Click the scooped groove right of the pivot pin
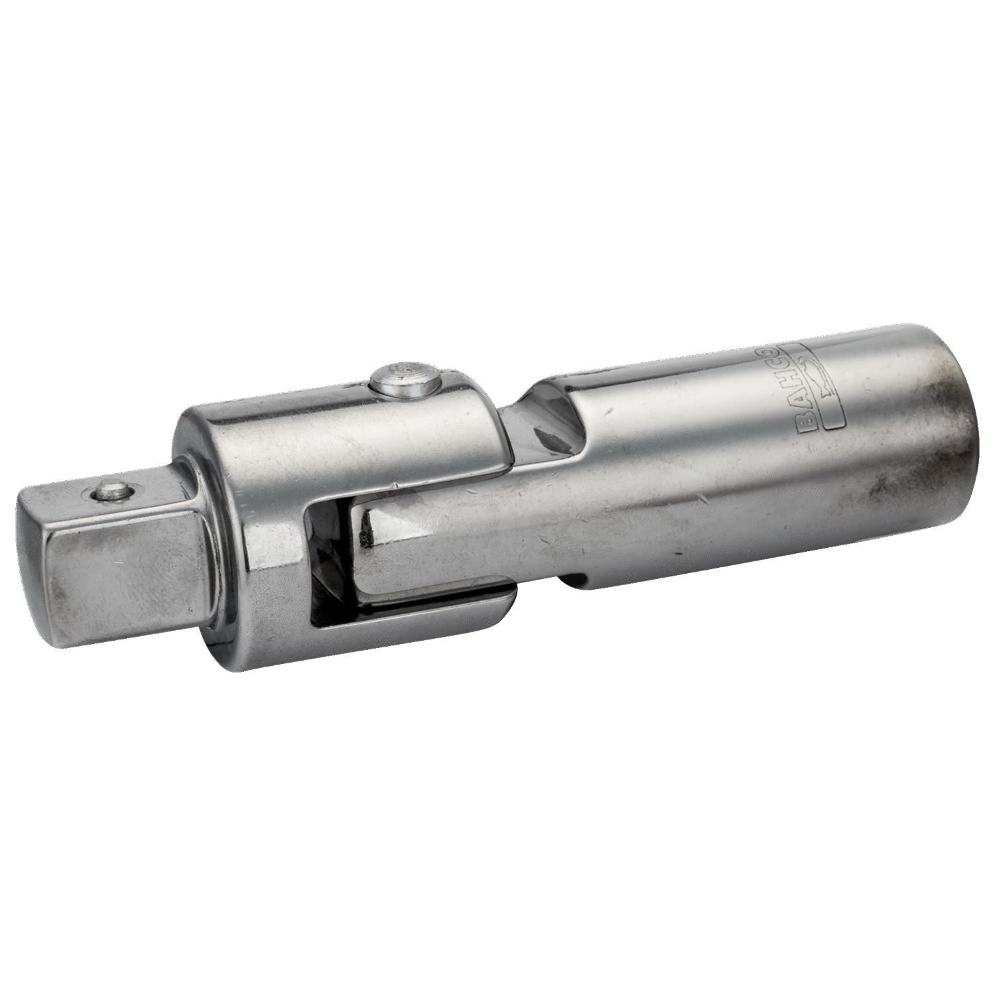coord(531,425)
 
